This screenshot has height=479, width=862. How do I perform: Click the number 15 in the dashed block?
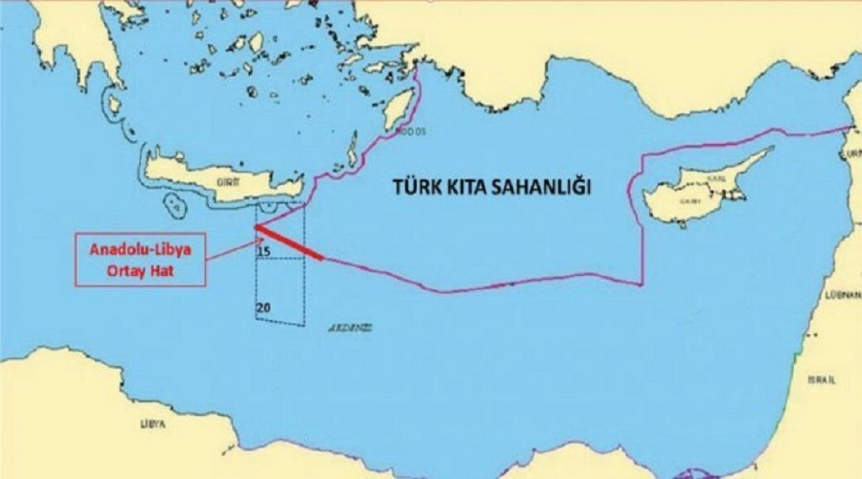coord(264,251)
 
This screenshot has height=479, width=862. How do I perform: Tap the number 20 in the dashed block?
coord(263,306)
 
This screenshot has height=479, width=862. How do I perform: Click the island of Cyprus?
coord(696,186)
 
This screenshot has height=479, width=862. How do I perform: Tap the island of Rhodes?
coord(399,109)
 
